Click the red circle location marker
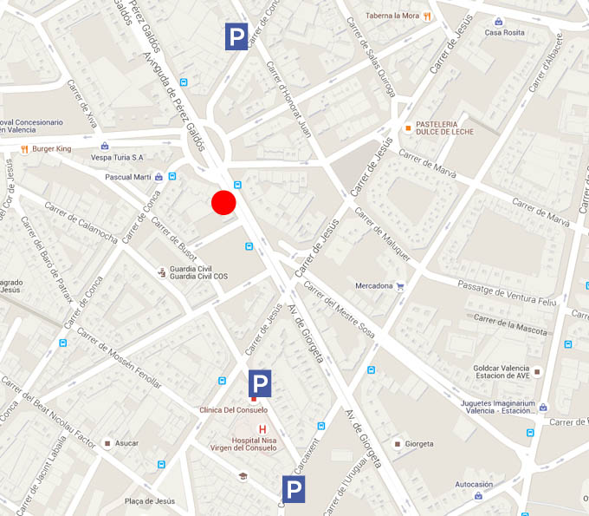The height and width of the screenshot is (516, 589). point(223,202)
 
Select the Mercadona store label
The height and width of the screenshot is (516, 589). point(373,286)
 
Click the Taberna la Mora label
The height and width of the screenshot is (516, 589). point(392,16)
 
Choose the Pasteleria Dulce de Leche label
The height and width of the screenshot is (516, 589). point(448,129)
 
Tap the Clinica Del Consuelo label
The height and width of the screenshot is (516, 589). point(233,409)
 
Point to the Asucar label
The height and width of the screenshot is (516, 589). point(126,443)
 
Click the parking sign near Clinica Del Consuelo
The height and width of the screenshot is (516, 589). point(260,382)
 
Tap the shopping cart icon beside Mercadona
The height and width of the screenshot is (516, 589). point(400,286)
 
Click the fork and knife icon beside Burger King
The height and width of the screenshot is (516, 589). point(24,149)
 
